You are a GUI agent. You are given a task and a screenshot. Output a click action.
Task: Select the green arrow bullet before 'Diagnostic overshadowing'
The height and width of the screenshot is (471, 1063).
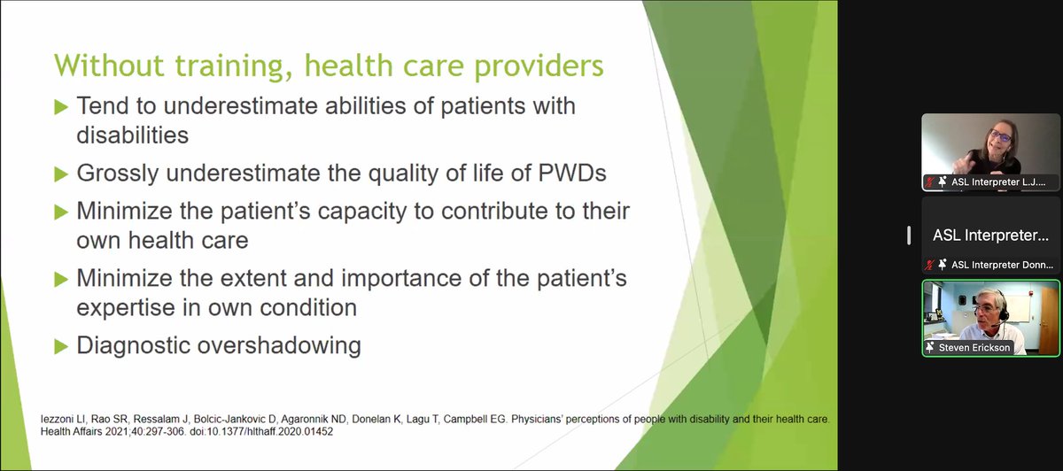(60, 344)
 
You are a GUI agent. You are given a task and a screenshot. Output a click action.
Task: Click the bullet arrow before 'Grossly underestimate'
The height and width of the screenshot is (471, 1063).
(60, 174)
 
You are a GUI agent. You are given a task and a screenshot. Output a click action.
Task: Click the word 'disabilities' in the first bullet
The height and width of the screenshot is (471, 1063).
(132, 135)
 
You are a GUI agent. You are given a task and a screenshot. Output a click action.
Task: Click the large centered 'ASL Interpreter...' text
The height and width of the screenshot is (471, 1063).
(990, 235)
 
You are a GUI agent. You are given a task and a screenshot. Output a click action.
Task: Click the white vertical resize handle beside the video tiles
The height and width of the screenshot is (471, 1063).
(909, 235)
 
